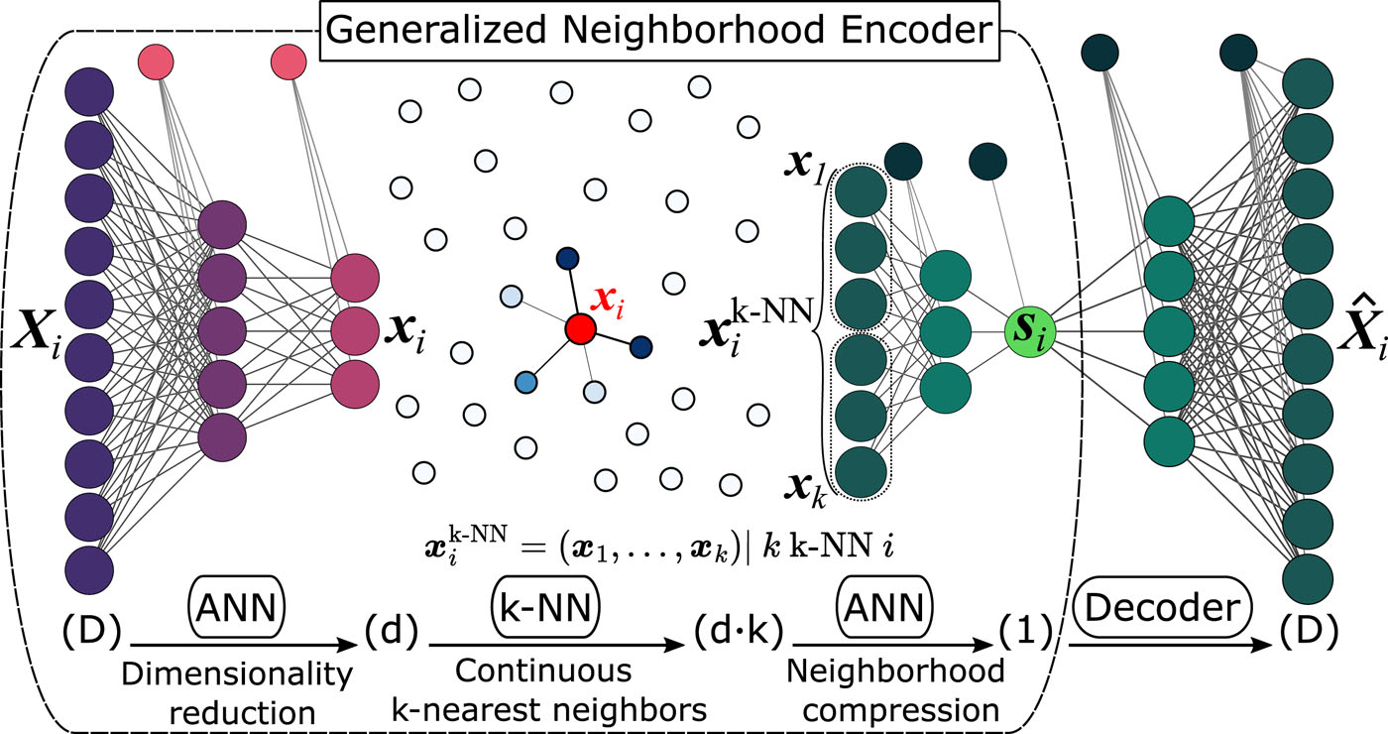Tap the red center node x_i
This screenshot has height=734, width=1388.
pyautogui.click(x=580, y=329)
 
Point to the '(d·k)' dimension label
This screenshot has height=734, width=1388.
pyautogui.click(x=735, y=629)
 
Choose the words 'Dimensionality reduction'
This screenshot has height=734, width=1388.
pyautogui.click(x=237, y=692)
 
